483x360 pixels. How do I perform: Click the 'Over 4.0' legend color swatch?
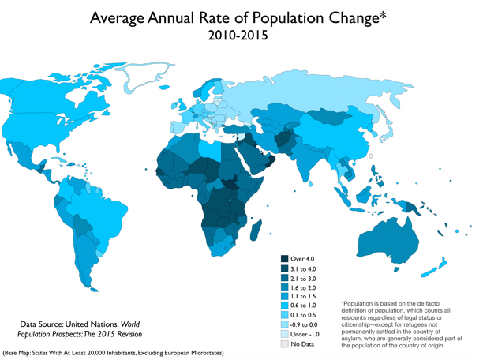tap(284, 259)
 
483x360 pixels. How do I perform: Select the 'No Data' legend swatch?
tap(284, 344)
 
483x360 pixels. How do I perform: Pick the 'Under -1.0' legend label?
tap(305, 333)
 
